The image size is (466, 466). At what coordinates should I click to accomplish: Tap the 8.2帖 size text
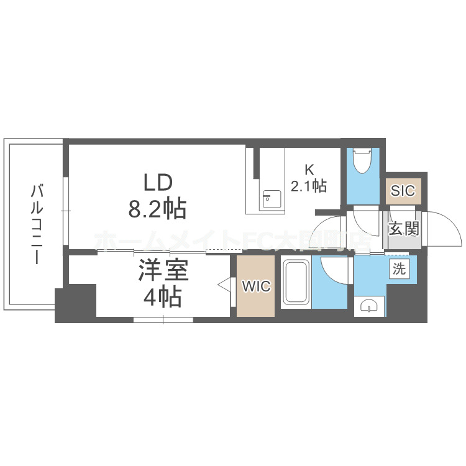pos(157,209)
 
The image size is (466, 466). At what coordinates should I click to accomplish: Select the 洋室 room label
pos(163,272)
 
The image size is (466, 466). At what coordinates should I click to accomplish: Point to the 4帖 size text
pos(163,298)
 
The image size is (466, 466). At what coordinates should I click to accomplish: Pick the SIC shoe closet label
pos(403,190)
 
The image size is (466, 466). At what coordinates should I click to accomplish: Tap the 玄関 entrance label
pos(403,228)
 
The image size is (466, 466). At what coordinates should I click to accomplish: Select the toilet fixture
pos(362,162)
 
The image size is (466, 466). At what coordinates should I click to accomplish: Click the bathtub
pos(297,283)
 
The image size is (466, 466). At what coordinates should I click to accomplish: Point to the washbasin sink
pos(368,306)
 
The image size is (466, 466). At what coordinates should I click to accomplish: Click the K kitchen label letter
pos(309,168)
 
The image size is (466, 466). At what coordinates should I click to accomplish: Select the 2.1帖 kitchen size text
pos(309,185)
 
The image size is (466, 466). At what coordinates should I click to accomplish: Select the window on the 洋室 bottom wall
pos(163,320)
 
